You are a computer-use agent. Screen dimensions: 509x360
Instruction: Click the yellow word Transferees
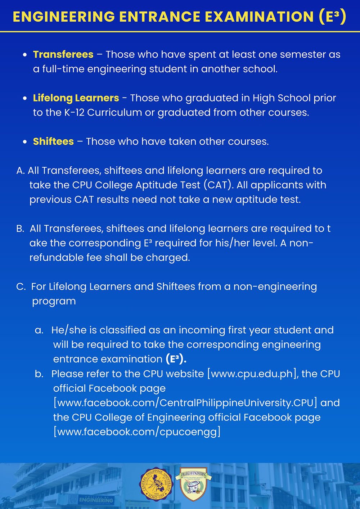[x=63, y=54]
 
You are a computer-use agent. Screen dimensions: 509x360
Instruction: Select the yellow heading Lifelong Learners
[x=76, y=98]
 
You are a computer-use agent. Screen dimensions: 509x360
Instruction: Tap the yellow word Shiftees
[x=53, y=141]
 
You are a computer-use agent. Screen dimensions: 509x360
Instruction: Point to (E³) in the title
[x=333, y=17]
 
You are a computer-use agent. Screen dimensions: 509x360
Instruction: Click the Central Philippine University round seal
[x=156, y=484]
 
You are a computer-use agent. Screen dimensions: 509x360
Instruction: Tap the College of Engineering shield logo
[x=193, y=484]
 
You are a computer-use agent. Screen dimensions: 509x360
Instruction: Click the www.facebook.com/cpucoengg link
[x=137, y=432]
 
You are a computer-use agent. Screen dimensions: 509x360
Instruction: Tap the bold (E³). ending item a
[x=176, y=359]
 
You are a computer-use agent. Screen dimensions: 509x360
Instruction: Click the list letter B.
[x=20, y=229]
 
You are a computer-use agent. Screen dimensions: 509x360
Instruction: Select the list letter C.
[x=21, y=287]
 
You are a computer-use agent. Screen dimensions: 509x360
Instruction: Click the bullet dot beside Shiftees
[x=24, y=142]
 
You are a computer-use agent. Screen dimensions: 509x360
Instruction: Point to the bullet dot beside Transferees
[x=24, y=55]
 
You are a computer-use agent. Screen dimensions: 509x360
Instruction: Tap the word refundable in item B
[x=57, y=257]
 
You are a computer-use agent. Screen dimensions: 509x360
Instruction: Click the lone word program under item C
[x=54, y=301]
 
